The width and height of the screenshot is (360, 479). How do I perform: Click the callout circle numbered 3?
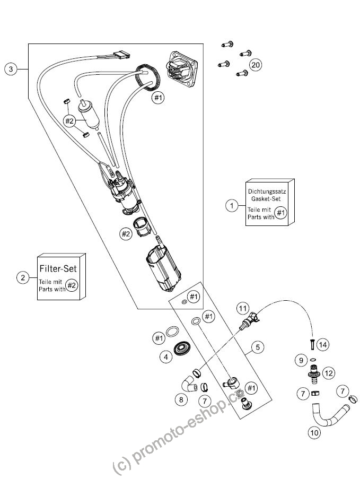pos(11,69)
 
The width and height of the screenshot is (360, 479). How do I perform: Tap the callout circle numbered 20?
pos(256,65)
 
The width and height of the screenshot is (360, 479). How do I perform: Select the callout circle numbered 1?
pos(232,206)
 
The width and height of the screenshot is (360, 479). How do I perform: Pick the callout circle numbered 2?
pos(23,277)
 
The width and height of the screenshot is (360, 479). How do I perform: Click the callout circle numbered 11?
pos(242,309)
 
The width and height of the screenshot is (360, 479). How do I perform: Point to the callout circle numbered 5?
pos(258,347)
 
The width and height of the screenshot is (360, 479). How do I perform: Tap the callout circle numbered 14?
pos(323,345)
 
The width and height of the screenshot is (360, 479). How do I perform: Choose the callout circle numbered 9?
pos(301,361)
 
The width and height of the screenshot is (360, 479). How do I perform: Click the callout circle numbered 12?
pos(328,373)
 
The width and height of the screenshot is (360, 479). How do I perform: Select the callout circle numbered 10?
pos(314,433)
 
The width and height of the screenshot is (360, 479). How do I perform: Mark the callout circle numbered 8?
pos(181,399)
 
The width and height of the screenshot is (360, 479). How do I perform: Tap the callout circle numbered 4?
pos(166,357)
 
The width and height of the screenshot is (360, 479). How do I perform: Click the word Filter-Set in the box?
pos(58,268)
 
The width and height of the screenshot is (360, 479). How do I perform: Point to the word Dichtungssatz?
pos(267,191)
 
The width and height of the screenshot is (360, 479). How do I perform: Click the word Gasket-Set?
pos(266,198)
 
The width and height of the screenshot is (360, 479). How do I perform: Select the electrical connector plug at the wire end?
pos(122,55)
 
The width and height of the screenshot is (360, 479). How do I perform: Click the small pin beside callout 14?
pos(312,345)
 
